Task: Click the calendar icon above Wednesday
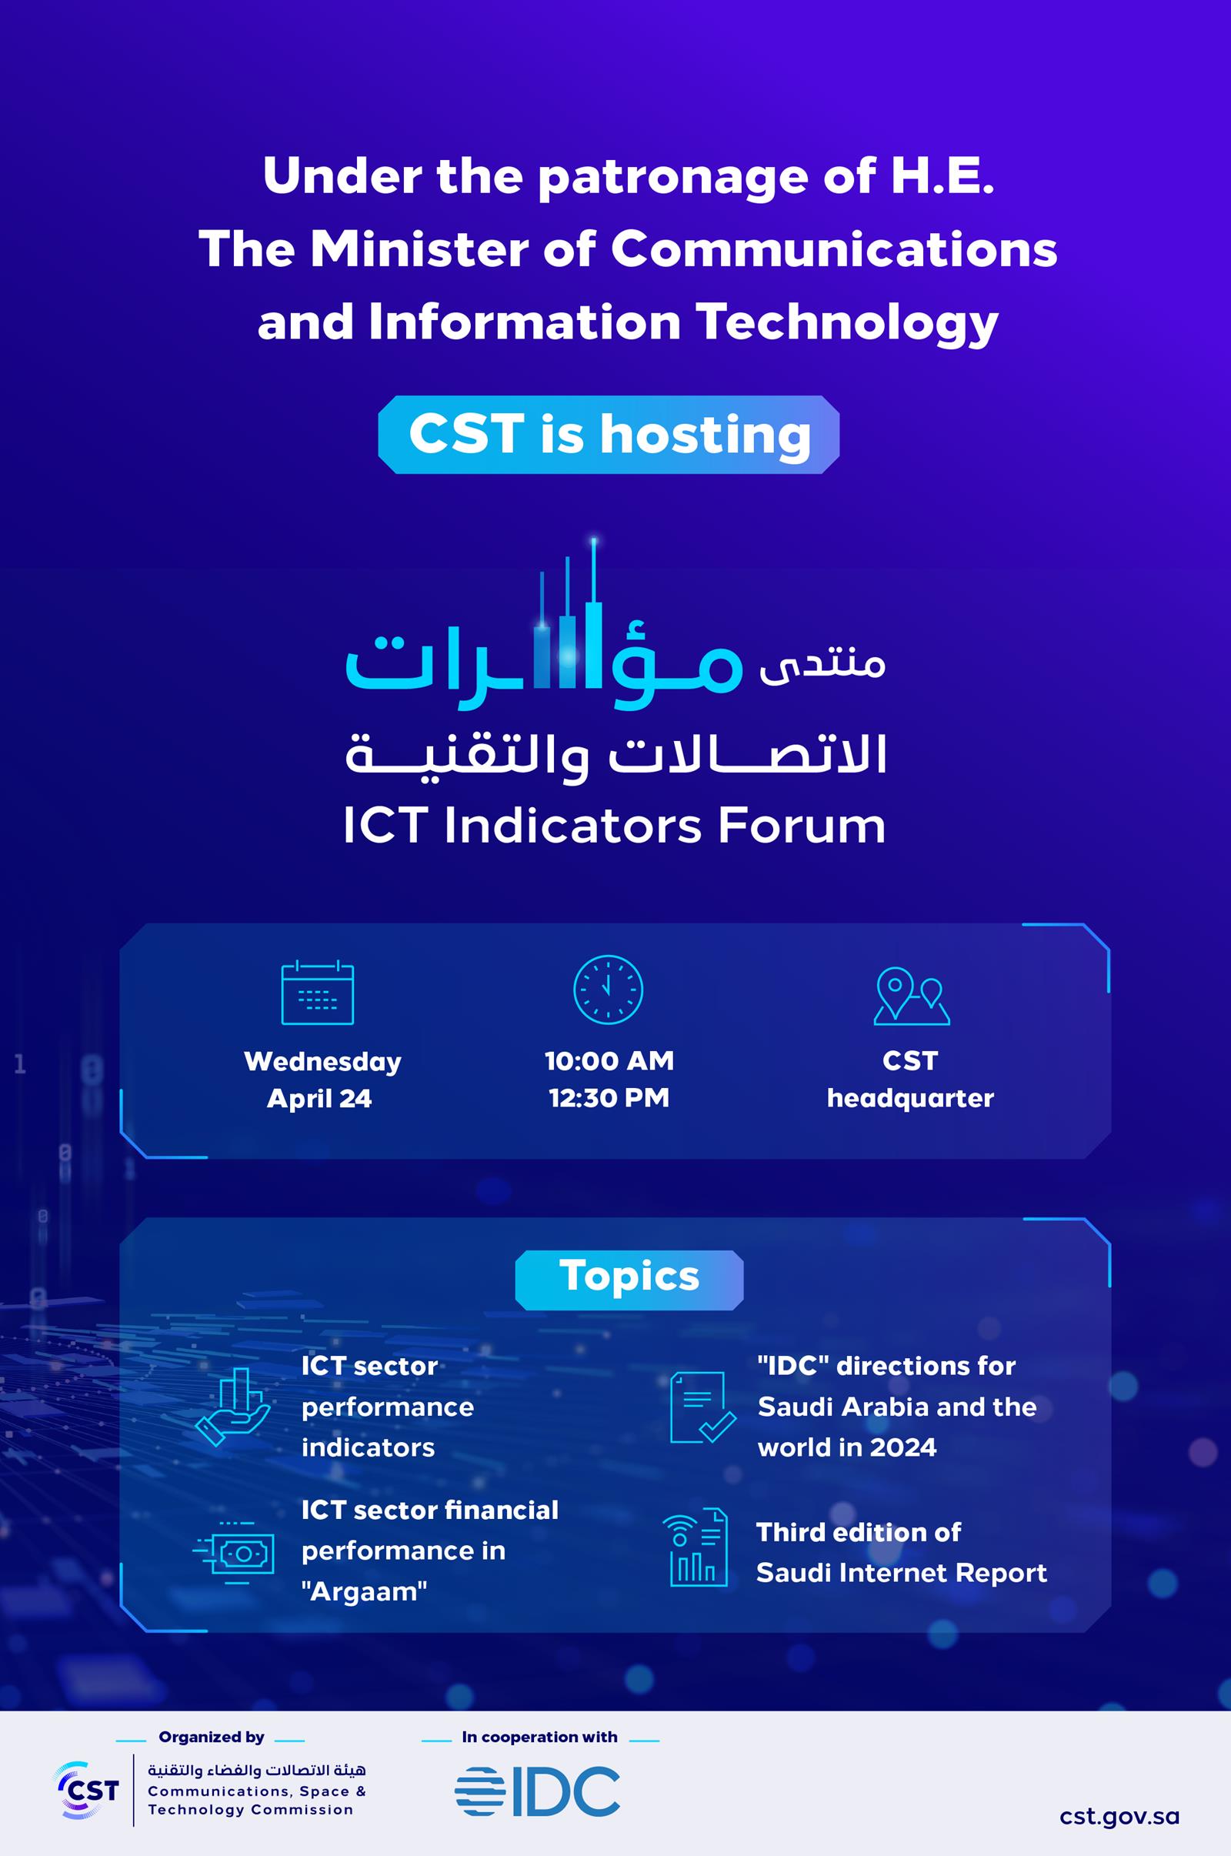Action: tap(317, 993)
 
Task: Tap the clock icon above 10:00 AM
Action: tap(608, 990)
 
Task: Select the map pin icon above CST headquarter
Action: tap(911, 996)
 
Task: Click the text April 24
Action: tap(319, 1097)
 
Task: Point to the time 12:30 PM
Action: tap(609, 1097)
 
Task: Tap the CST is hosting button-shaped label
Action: tap(609, 434)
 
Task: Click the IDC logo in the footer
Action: tap(538, 1791)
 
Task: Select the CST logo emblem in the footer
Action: tap(86, 1790)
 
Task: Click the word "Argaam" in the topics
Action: tap(364, 1592)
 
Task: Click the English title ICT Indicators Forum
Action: tap(614, 826)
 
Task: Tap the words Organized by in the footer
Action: tap(211, 1737)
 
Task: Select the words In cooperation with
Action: tap(539, 1737)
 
